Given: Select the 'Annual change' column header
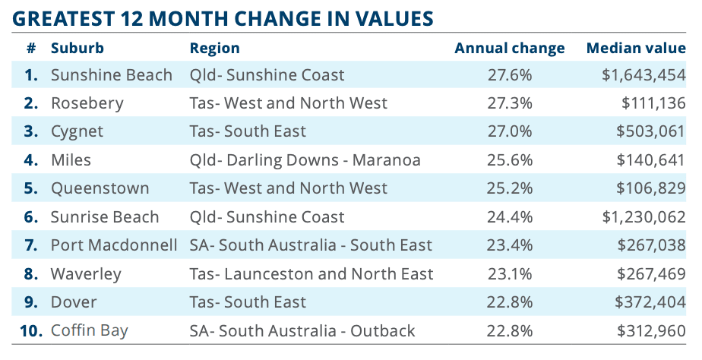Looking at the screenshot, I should coord(509,49).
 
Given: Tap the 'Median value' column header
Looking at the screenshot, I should coord(635,49).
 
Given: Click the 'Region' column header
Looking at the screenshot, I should coord(214,49).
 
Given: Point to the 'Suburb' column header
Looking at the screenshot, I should coord(77,49).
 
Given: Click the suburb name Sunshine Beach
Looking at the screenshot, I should coord(111,75).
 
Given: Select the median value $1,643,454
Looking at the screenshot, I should coord(643,75).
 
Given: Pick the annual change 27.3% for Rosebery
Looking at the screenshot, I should coord(509,103).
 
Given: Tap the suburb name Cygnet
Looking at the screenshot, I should coord(77,131).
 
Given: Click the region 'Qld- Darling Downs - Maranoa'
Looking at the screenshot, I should coord(305,160).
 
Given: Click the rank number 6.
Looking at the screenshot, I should coord(30,217).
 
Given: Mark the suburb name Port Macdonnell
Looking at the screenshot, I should coord(114,245).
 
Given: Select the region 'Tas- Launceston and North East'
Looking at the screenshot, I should coord(311,273).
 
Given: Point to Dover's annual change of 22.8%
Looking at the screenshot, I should coord(509,302).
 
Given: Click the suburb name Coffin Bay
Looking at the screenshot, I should coord(89,330).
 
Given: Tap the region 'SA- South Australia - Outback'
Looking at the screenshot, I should coord(302,330).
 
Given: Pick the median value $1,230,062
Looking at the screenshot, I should coord(643,217).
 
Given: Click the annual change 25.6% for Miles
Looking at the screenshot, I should coord(509,160).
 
